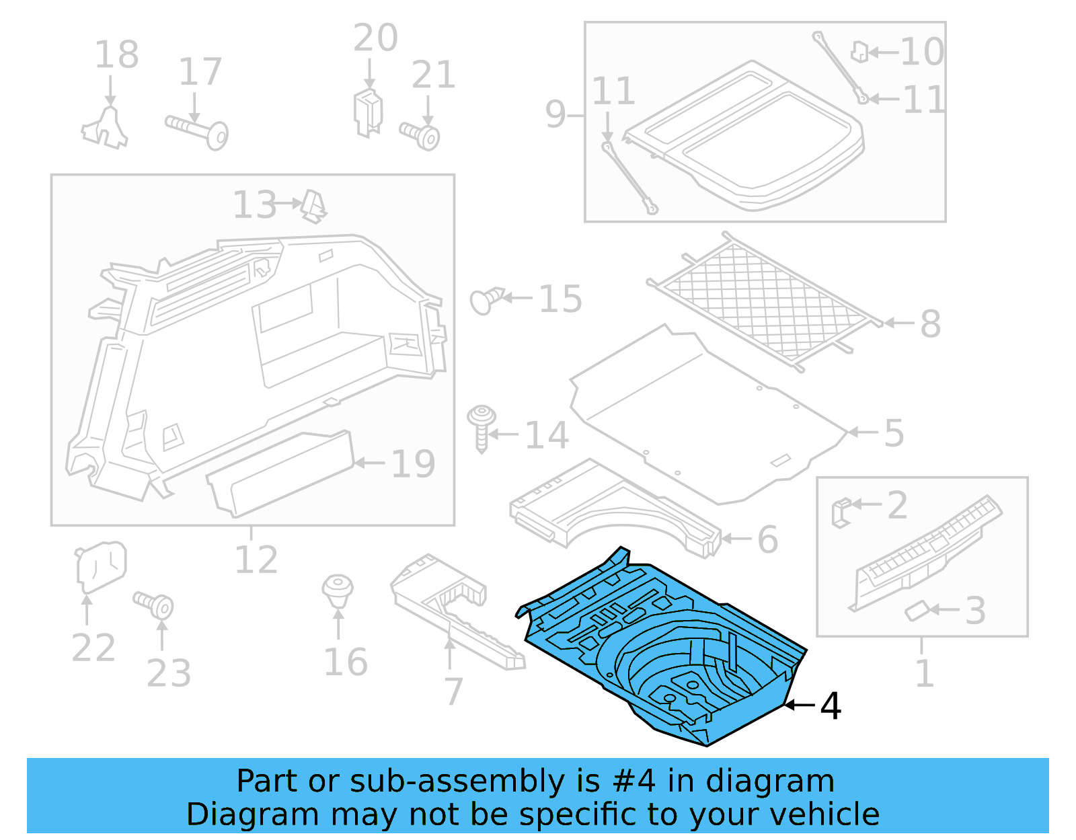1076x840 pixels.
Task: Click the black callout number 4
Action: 831,706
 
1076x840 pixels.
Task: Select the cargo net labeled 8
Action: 767,303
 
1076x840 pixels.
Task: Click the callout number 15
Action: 560,299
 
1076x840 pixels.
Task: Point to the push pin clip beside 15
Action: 486,300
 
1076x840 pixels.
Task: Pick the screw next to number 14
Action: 482,427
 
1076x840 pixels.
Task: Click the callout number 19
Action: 413,464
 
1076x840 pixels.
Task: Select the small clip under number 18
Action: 106,128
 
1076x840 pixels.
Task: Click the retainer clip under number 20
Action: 368,112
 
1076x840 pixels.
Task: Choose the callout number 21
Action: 434,75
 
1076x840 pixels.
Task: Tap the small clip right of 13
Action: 313,205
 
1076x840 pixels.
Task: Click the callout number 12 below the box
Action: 256,560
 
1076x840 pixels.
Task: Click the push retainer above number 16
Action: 338,590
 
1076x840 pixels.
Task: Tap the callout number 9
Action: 555,114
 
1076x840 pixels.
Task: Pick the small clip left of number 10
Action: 859,51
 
